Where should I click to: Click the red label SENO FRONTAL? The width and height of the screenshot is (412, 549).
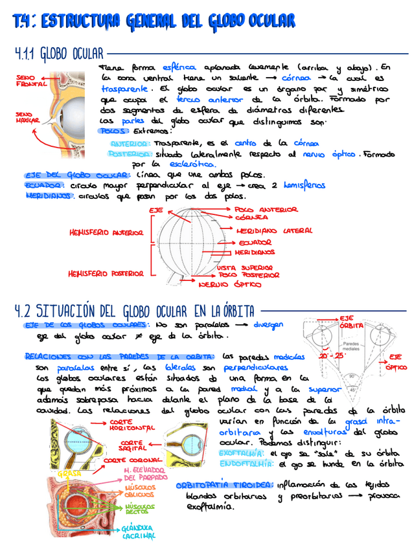(30, 81)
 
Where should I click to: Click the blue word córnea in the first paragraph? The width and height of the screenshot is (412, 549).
(297, 78)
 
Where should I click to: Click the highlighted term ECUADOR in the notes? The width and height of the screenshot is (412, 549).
(43, 185)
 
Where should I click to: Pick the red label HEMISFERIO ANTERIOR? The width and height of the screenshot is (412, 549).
(106, 232)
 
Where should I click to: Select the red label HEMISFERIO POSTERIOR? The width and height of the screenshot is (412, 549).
(105, 274)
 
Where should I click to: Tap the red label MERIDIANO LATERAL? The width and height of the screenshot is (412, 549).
(274, 230)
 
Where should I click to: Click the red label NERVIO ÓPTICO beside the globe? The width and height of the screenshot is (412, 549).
(230, 284)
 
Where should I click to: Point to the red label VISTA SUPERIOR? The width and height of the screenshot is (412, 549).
(244, 267)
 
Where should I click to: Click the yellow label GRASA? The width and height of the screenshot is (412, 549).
(69, 473)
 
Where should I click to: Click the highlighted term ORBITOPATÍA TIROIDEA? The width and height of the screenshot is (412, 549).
(224, 485)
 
